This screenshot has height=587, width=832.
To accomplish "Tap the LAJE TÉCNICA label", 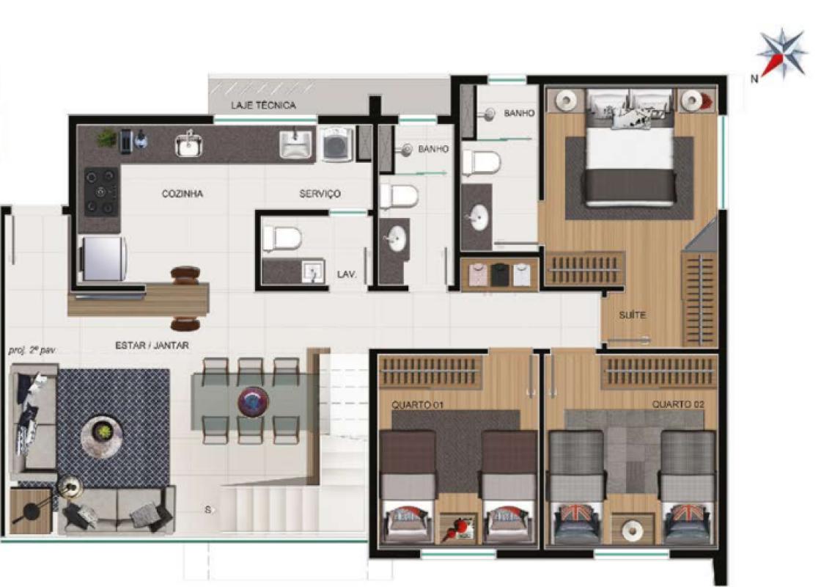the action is [263, 105].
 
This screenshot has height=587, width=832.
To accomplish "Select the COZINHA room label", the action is [182, 194].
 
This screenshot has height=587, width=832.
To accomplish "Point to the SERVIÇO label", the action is [320, 194].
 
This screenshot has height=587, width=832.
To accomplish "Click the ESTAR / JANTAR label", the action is [152, 346].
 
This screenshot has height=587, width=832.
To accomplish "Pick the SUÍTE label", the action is [632, 315].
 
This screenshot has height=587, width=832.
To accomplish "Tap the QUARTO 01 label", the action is [417, 405].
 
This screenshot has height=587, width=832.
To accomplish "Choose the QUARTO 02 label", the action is [678, 404].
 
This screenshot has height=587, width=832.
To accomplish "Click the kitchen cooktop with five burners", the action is [101, 192].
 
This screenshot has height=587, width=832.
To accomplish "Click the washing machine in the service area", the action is [336, 144].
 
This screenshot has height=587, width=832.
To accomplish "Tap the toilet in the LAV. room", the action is [282, 238].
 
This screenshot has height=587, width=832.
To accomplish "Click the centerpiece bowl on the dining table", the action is [253, 402].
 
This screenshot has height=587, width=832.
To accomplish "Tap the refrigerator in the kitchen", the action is [103, 258].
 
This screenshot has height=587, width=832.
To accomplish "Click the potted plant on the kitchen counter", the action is [106, 138].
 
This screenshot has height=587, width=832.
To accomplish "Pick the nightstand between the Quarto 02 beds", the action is [632, 528].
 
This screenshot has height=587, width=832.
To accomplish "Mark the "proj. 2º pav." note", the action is [32, 351].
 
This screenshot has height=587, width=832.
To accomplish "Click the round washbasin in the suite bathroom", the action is [478, 219].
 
